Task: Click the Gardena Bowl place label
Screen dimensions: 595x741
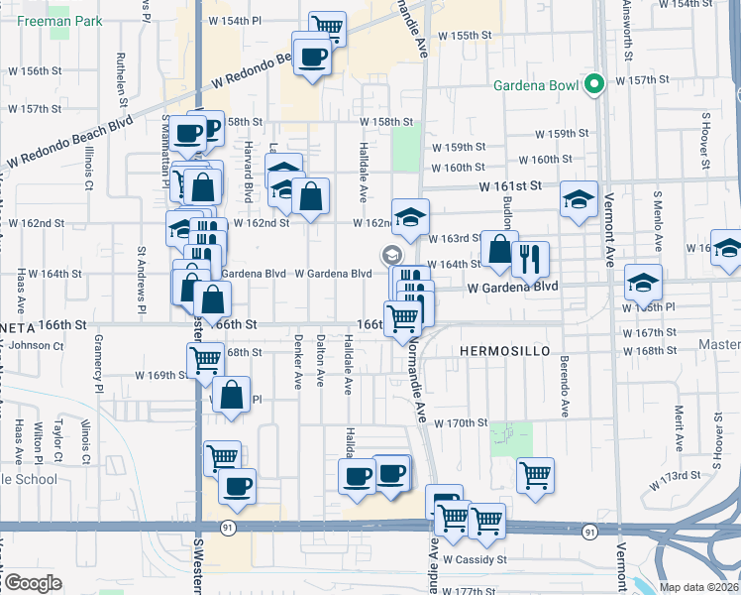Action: point(536,85)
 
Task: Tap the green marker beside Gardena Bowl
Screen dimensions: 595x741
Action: point(594,84)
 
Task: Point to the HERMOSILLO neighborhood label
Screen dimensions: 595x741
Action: point(496,352)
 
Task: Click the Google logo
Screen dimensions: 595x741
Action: point(32,583)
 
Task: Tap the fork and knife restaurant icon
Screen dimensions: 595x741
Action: point(530,259)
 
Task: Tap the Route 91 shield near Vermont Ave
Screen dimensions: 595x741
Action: point(589,533)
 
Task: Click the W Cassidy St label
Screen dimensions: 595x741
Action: point(475,559)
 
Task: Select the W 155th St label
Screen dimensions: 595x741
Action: point(461,35)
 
